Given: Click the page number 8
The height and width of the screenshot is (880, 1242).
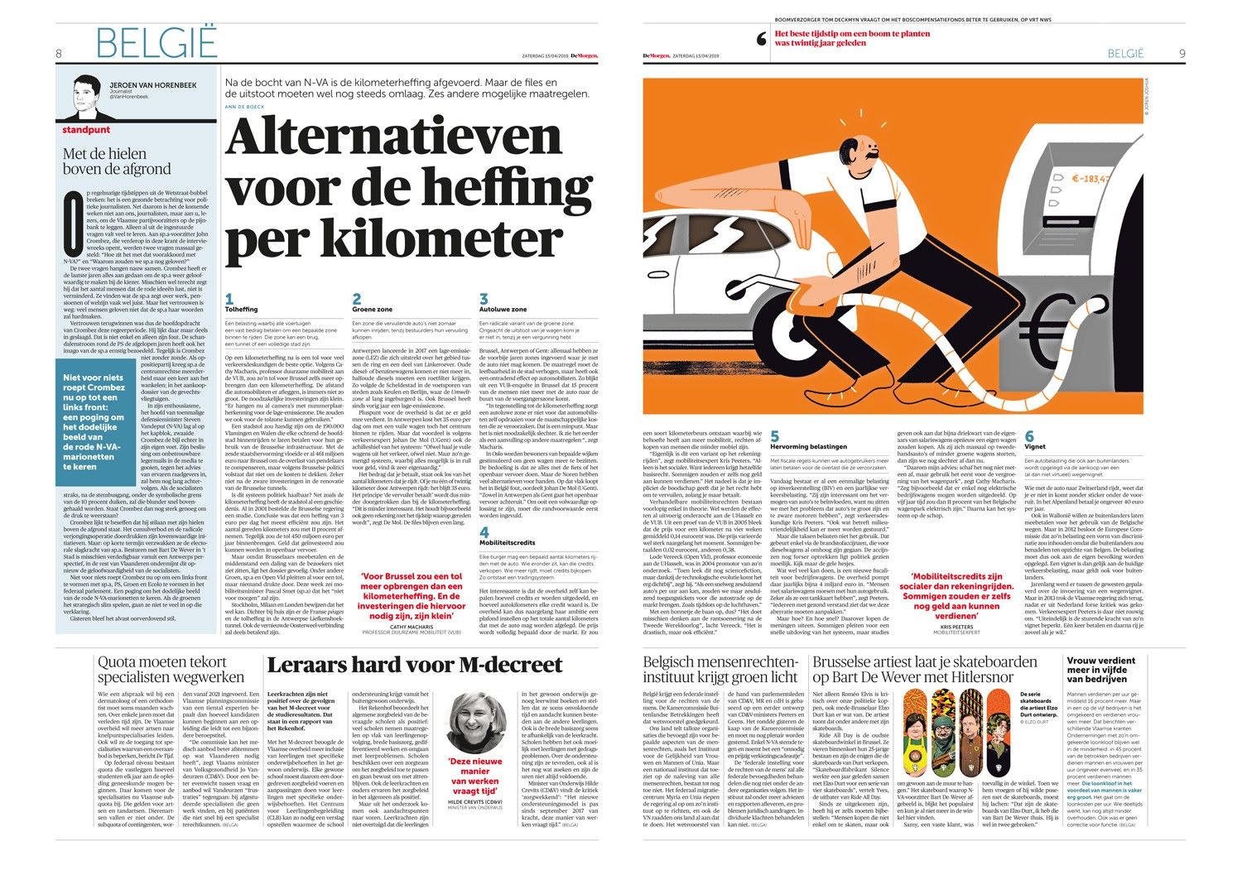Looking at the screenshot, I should pyautogui.click(x=59, y=54).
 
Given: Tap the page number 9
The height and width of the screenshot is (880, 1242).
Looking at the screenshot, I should pyautogui.click(x=1182, y=54).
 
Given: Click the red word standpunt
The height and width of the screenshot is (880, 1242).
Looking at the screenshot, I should pyautogui.click(x=86, y=130).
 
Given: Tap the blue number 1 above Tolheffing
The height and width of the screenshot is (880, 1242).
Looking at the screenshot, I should pyautogui.click(x=229, y=299).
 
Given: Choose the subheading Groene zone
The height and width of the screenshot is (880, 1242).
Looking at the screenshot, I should pyautogui.click(x=373, y=310).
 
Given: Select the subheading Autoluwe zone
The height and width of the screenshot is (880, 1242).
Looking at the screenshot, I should pyautogui.click(x=503, y=310).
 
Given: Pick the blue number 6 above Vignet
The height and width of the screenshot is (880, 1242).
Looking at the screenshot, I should pyautogui.click(x=1029, y=436).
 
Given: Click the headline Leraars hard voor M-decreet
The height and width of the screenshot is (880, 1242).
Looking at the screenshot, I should pyautogui.click(x=415, y=665).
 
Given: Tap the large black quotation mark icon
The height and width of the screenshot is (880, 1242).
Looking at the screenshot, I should pyautogui.click(x=762, y=39).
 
